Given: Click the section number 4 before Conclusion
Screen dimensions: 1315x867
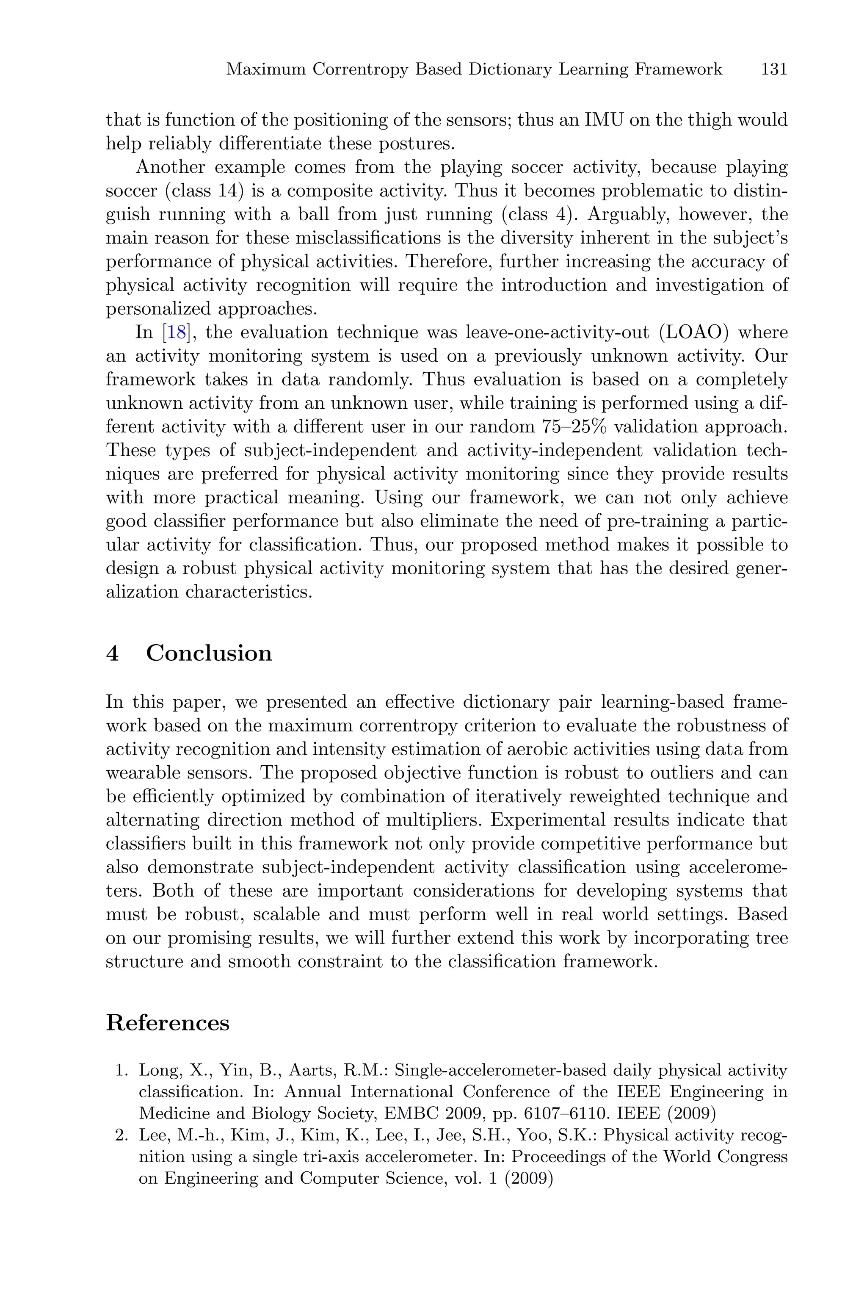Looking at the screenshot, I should (112, 653).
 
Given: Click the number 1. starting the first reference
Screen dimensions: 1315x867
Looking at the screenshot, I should (121, 1071).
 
